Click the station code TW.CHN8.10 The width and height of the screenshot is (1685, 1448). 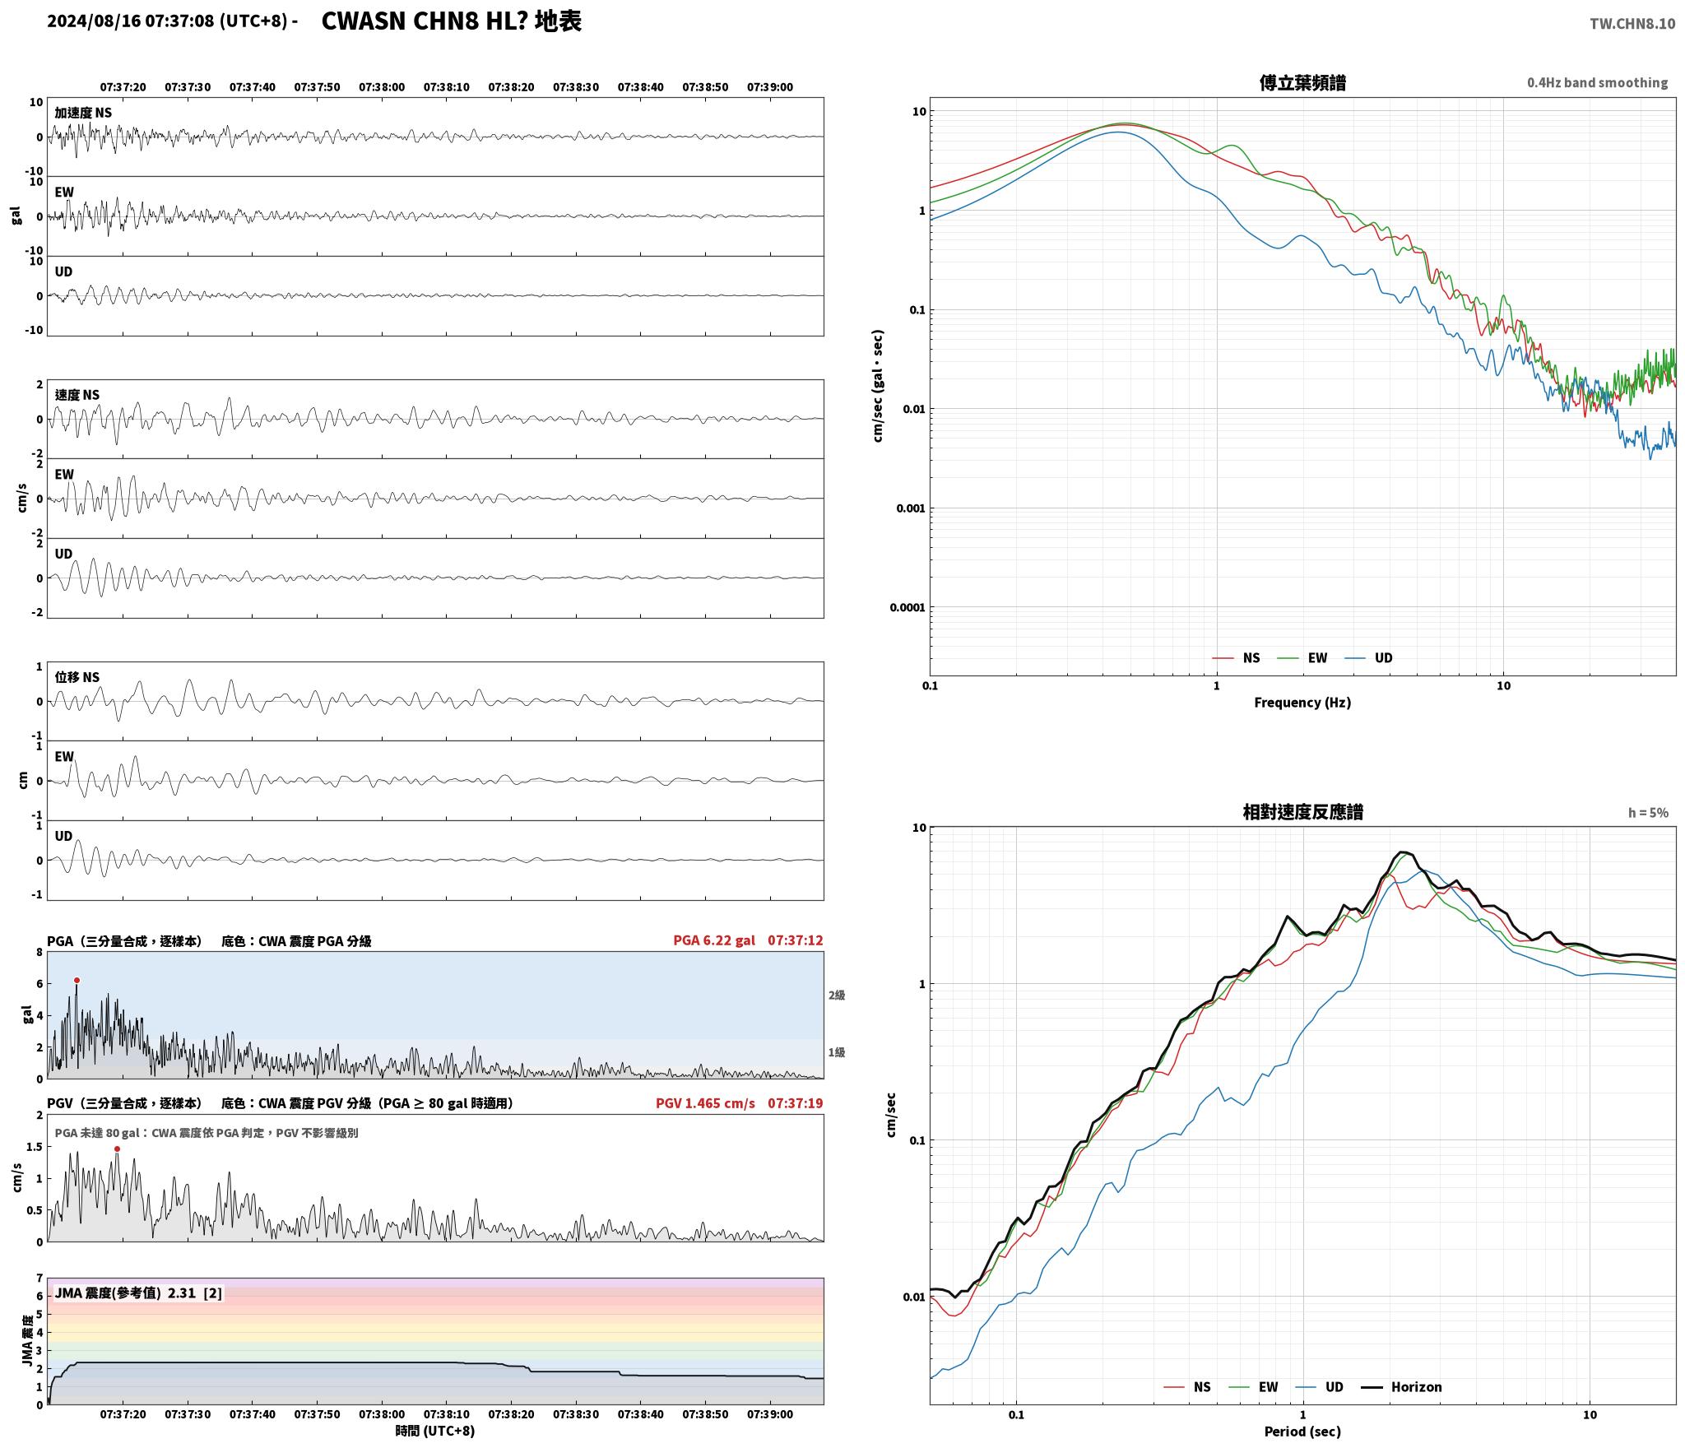point(1632,24)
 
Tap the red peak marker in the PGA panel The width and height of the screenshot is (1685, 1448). point(77,980)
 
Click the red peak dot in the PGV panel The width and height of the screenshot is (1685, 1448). point(117,1149)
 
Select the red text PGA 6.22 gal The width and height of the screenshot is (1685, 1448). point(713,940)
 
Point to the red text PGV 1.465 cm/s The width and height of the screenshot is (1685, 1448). point(705,1103)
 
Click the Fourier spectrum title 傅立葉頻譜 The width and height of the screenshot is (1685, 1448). point(1302,82)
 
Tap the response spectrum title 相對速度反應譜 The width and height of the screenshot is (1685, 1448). point(1302,812)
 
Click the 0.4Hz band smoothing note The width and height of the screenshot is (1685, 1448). point(1597,83)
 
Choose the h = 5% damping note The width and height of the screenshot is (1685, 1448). point(1648,813)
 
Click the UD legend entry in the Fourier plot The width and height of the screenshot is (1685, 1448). point(1369,658)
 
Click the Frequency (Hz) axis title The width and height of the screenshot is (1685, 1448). point(1302,703)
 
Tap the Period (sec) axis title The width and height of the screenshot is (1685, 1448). point(1302,1432)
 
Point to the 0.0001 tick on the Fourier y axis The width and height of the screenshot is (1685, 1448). point(907,608)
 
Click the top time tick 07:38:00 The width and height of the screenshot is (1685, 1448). point(382,87)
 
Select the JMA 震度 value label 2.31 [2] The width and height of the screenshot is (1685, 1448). point(195,1293)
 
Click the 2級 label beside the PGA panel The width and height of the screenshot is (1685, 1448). point(837,995)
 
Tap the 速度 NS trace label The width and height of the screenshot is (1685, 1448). point(77,395)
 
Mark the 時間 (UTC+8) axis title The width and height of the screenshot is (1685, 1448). point(435,1431)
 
